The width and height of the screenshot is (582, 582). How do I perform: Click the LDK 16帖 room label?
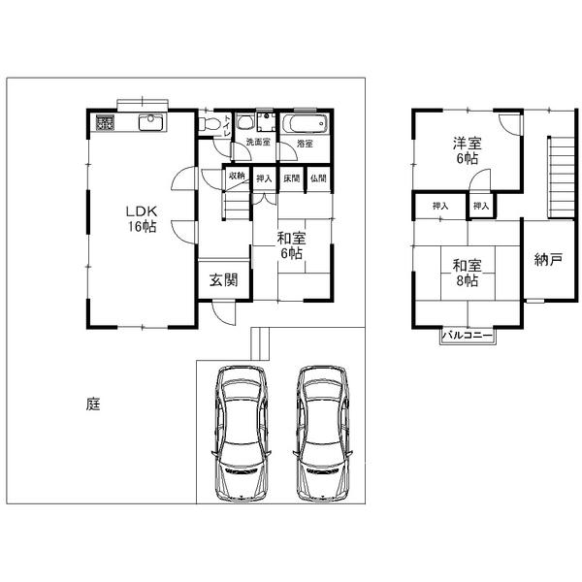[140, 218]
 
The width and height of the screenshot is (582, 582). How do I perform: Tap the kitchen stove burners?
[106, 122]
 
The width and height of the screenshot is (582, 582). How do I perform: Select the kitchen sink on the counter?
[151, 122]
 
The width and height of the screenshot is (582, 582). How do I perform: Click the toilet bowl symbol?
[245, 123]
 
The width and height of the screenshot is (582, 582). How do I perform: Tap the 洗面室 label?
[257, 143]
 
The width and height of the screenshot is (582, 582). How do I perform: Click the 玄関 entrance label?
[224, 280]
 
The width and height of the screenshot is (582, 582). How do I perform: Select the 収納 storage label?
[238, 178]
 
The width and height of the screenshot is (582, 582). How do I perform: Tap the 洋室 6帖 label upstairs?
[467, 152]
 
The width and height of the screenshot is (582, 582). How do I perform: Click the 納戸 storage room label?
[548, 260]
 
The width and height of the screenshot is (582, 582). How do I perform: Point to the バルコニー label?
[469, 336]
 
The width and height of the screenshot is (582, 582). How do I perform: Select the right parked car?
[323, 433]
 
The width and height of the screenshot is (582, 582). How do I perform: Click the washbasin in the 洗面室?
[267, 124]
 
